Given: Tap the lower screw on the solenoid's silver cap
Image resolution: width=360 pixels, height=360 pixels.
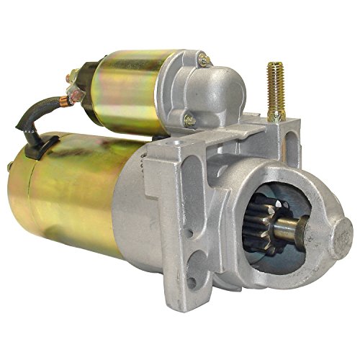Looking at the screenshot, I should (x=188, y=120).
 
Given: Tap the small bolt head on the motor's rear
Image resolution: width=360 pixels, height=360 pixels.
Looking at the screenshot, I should (x=10, y=167).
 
